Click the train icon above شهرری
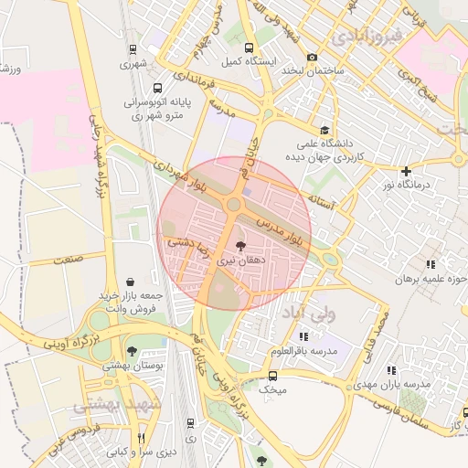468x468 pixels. (x=133, y=50)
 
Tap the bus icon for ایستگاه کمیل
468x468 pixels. (x=250, y=48)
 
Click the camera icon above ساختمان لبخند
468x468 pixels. (x=312, y=57)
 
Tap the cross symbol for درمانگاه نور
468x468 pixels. (x=407, y=171)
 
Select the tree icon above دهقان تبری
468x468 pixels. (x=239, y=246)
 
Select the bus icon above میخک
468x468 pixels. (x=272, y=375)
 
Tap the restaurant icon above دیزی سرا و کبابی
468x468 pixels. (x=141, y=438)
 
